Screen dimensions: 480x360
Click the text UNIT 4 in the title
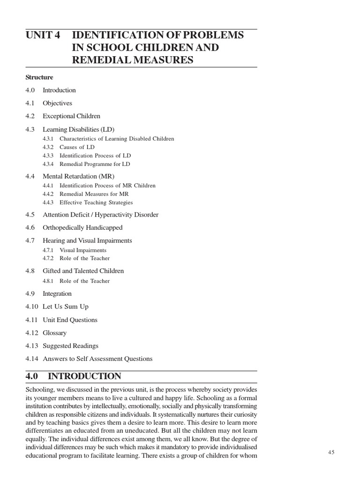[x=43, y=36]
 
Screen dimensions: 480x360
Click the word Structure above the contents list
[x=39, y=77]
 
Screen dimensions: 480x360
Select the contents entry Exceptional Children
[x=71, y=116]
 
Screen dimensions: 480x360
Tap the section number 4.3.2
[x=48, y=147]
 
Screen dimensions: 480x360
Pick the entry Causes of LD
[x=77, y=147]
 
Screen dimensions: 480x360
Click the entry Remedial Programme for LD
[x=95, y=164]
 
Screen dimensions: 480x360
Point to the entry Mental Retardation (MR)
[x=78, y=176]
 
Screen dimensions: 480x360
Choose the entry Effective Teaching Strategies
[x=96, y=202]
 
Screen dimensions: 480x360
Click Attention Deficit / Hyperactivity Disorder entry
[x=100, y=215]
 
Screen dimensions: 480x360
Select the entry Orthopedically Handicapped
[x=82, y=228]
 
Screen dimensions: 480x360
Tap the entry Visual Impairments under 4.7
[x=83, y=250]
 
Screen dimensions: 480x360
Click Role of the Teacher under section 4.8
[x=84, y=281]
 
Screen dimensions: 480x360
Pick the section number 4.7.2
[x=48, y=258]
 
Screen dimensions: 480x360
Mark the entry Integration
[x=57, y=294]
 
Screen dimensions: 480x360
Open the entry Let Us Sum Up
[x=66, y=307]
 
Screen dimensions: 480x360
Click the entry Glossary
[x=54, y=333]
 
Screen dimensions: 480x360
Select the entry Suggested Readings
[x=70, y=346]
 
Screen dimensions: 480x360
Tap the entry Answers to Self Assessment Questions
[x=97, y=359]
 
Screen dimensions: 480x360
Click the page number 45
[x=331, y=452]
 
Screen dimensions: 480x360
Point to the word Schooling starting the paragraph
[x=40, y=390]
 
